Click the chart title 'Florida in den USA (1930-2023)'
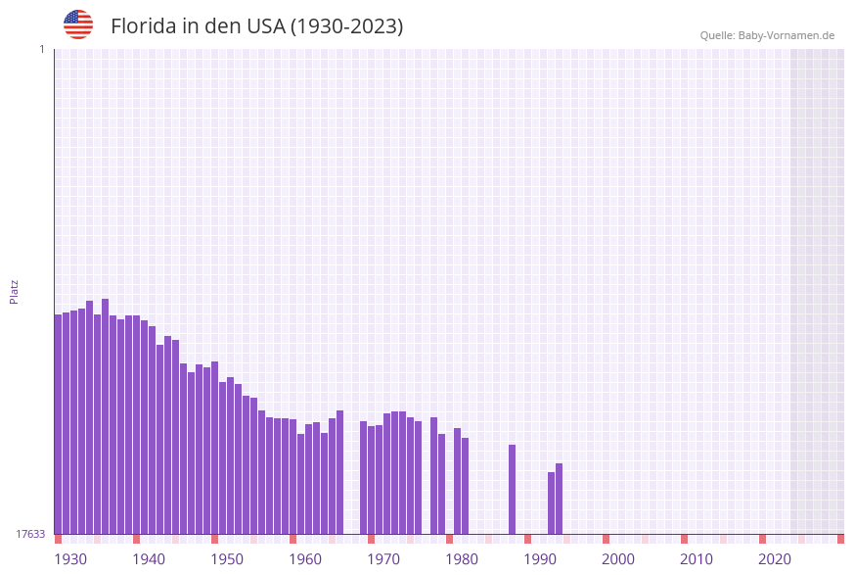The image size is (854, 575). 256,26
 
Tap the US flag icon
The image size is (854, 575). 78,24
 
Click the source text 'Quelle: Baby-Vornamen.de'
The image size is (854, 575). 767,35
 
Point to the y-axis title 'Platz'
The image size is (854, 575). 15,291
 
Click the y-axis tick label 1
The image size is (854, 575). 41,49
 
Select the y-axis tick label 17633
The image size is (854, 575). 30,534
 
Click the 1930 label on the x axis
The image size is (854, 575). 70,559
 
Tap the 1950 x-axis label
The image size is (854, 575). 227,559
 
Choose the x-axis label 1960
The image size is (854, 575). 305,559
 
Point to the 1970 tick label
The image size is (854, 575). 383,559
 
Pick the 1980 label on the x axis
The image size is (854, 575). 462,559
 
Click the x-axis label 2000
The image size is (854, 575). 618,559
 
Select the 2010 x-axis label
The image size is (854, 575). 697,559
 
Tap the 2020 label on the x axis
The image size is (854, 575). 775,559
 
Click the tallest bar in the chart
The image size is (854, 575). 105,416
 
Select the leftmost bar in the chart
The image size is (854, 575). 58,424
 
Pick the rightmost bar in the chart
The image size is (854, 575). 559,499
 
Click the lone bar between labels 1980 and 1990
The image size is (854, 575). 512,489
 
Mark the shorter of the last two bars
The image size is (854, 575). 551,503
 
